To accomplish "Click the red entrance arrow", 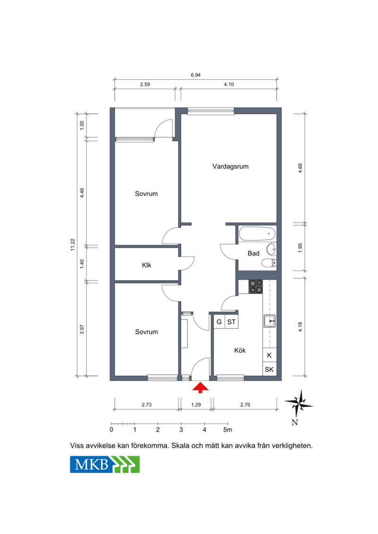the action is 200,388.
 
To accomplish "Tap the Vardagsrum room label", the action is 231,167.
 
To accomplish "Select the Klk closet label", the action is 146,265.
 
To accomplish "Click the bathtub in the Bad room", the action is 257,234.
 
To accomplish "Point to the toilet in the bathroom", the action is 269,263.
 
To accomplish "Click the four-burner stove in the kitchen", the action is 256,287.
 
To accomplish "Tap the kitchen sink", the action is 270,321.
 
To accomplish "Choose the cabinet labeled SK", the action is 269,370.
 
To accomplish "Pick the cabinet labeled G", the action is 219,322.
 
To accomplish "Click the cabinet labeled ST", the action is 232,322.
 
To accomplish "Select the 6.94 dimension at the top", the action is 196,75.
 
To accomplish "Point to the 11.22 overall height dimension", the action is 73,245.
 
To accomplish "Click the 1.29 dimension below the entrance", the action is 196,405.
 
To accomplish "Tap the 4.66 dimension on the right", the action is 300,169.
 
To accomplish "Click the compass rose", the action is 299,404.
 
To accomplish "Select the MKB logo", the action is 105,465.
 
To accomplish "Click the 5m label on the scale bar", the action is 228,430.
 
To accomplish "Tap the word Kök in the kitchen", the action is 240,350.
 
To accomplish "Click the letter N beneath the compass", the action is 295,423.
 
